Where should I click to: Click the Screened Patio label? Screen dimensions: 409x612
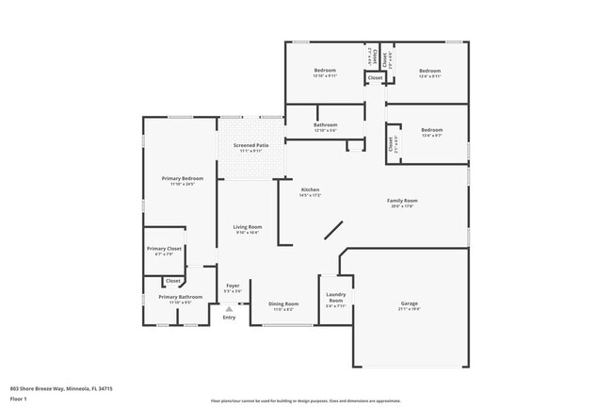click(x=251, y=147)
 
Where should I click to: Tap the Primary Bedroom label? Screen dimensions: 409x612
click(x=183, y=180)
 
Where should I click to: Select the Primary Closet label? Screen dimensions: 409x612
click(x=164, y=250)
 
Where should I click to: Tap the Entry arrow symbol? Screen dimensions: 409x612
click(x=229, y=306)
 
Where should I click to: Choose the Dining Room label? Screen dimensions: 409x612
click(x=284, y=304)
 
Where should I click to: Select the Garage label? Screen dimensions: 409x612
click(x=410, y=304)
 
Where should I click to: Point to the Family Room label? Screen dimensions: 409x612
click(x=402, y=203)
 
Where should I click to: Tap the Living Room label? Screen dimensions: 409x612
click(x=248, y=229)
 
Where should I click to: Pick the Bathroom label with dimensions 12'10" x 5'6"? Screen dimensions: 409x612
click(x=325, y=126)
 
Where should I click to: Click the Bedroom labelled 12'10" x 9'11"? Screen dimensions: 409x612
click(x=325, y=73)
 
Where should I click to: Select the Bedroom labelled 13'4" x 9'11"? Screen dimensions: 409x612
click(x=430, y=73)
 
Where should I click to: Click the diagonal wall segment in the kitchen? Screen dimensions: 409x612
click(x=334, y=233)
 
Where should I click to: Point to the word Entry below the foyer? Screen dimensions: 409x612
click(x=229, y=318)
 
